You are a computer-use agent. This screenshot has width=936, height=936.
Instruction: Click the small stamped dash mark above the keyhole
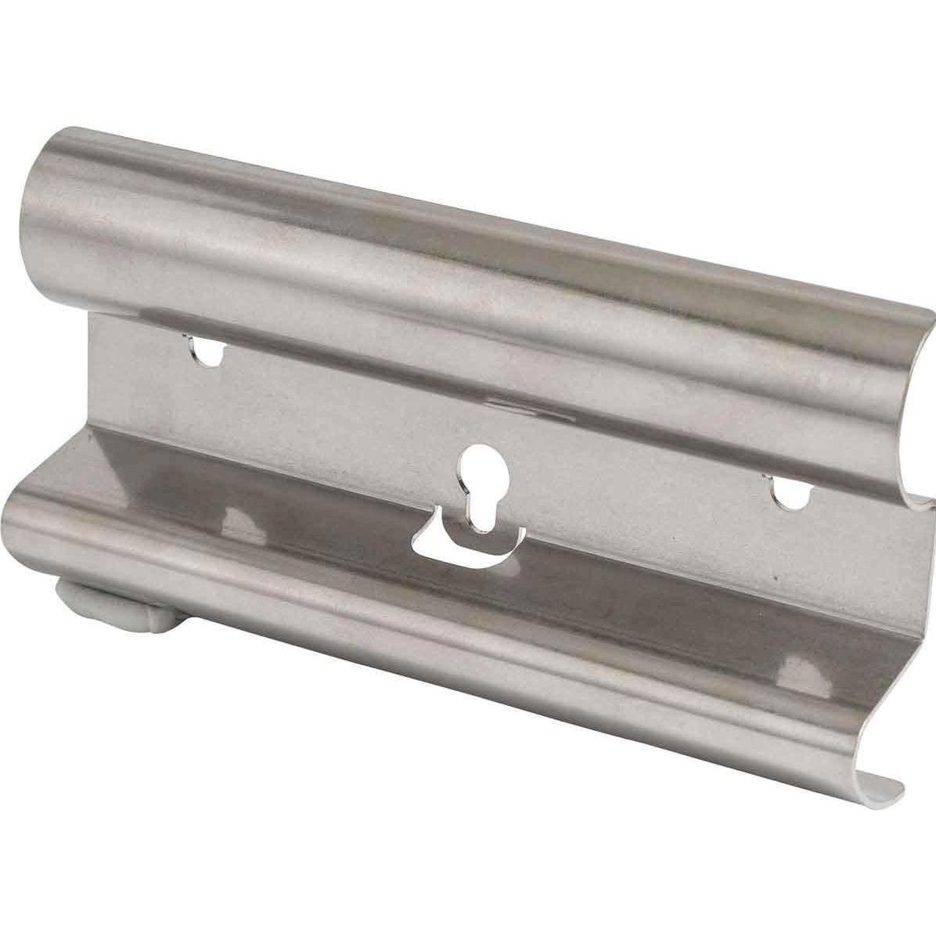pos(501,404)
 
